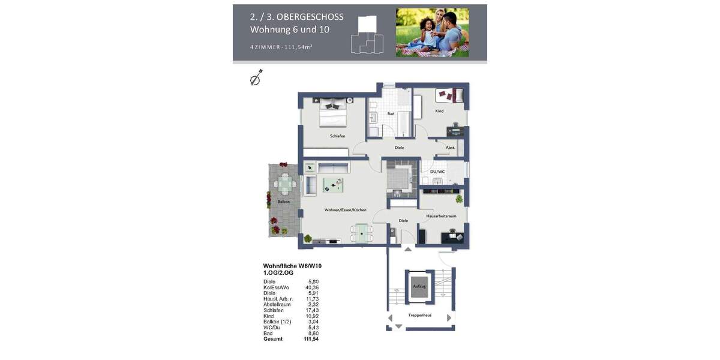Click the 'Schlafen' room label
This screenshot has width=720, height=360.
(337, 136)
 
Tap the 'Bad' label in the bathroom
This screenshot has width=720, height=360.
(391, 113)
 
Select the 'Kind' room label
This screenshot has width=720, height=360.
(439, 111)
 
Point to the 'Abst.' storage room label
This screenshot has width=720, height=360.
(450, 148)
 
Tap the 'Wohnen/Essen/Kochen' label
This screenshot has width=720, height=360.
(345, 210)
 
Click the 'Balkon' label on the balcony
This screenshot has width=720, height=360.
(284, 202)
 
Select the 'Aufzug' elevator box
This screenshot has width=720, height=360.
(419, 286)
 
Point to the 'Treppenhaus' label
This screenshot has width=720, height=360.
(421, 316)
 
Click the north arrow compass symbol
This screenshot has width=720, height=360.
(256, 78)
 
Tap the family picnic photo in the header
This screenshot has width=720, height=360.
(432, 32)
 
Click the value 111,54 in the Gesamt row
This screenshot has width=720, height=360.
(312, 339)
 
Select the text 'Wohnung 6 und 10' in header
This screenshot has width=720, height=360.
(289, 29)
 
